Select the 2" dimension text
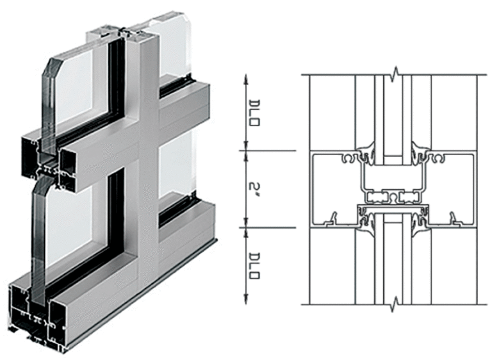click(254, 190)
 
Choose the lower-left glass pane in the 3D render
click(70, 224)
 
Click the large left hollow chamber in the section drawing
click(333, 190)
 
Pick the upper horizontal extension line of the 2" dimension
click(269, 151)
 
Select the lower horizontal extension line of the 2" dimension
click(269, 227)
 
